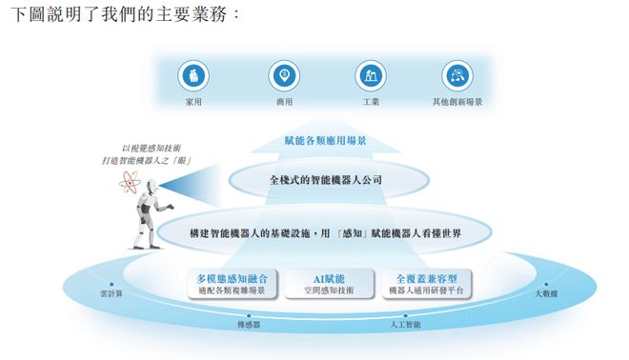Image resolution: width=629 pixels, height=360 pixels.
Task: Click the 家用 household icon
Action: [x=193, y=76]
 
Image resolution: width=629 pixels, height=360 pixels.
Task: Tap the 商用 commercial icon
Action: [x=283, y=76]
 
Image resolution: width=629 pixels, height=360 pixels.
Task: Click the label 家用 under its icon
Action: [x=193, y=101]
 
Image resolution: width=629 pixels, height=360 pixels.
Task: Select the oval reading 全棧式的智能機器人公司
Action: [x=325, y=178]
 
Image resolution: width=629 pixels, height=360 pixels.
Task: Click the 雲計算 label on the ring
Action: [x=112, y=293]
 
